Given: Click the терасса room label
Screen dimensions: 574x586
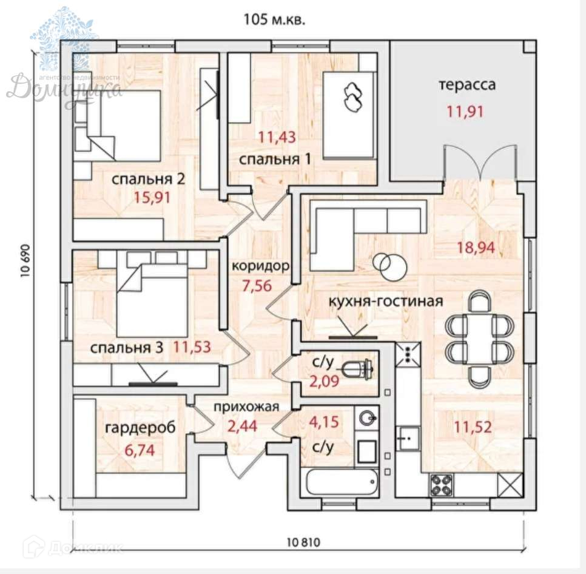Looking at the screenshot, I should tap(467, 84).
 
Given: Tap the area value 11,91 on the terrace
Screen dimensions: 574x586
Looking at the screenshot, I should tap(467, 110).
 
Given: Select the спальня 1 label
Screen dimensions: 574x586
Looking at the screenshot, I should tap(275, 160).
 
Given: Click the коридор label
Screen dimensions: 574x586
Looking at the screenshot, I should tap(260, 266).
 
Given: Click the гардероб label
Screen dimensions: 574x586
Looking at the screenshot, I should tap(140, 428).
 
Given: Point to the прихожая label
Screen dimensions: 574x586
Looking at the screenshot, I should tap(246, 407).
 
